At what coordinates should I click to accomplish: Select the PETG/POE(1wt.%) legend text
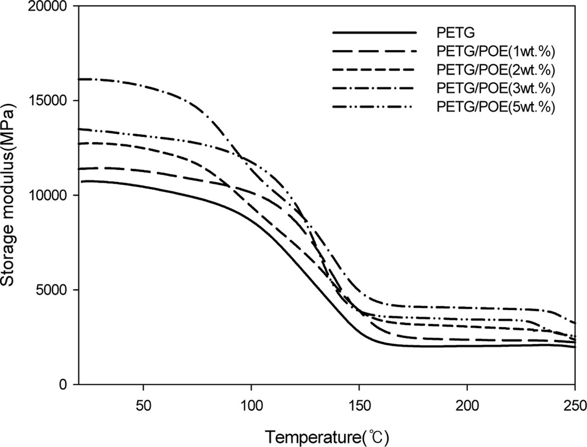tap(496, 52)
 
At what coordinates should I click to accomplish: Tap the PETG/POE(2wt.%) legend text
tap(496, 70)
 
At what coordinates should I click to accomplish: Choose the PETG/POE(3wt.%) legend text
tap(496, 89)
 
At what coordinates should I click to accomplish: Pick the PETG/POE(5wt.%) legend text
tap(496, 107)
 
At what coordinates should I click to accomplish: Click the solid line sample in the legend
tap(374, 33)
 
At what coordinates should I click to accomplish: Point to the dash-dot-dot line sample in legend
tap(374, 106)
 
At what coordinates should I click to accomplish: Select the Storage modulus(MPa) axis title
tap(11, 195)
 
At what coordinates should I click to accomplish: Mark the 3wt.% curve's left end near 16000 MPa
tap(81, 79)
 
